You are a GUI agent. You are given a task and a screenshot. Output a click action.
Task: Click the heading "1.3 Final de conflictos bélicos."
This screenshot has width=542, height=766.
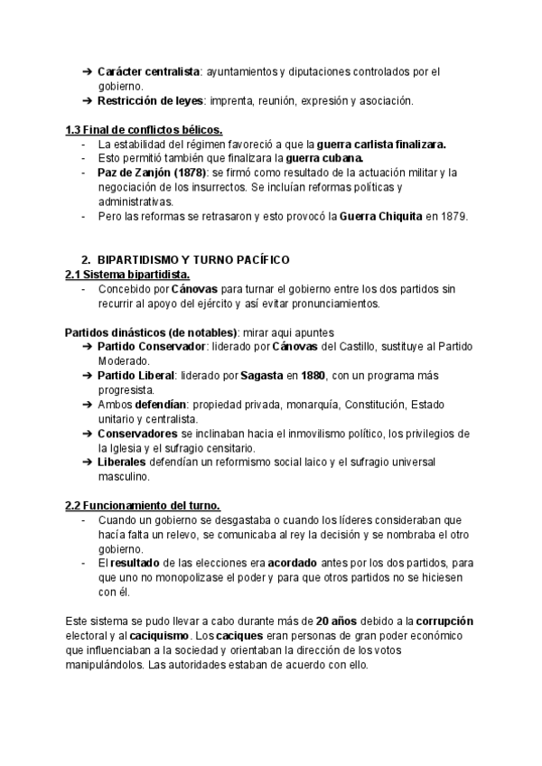click(x=145, y=129)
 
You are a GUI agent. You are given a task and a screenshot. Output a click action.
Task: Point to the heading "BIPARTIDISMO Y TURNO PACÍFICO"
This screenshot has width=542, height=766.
click(x=192, y=260)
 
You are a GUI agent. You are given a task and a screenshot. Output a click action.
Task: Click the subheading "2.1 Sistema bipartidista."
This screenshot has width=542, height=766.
click(x=127, y=274)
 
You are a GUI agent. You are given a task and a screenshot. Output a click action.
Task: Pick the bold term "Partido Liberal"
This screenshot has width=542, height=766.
click(x=136, y=375)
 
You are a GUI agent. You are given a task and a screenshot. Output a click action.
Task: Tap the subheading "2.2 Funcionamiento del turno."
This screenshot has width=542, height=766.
click(x=143, y=506)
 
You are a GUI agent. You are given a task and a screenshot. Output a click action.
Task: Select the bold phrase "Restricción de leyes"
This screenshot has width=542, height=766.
click(x=150, y=100)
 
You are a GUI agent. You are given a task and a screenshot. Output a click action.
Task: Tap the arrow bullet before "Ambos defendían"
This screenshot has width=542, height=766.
click(x=87, y=405)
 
